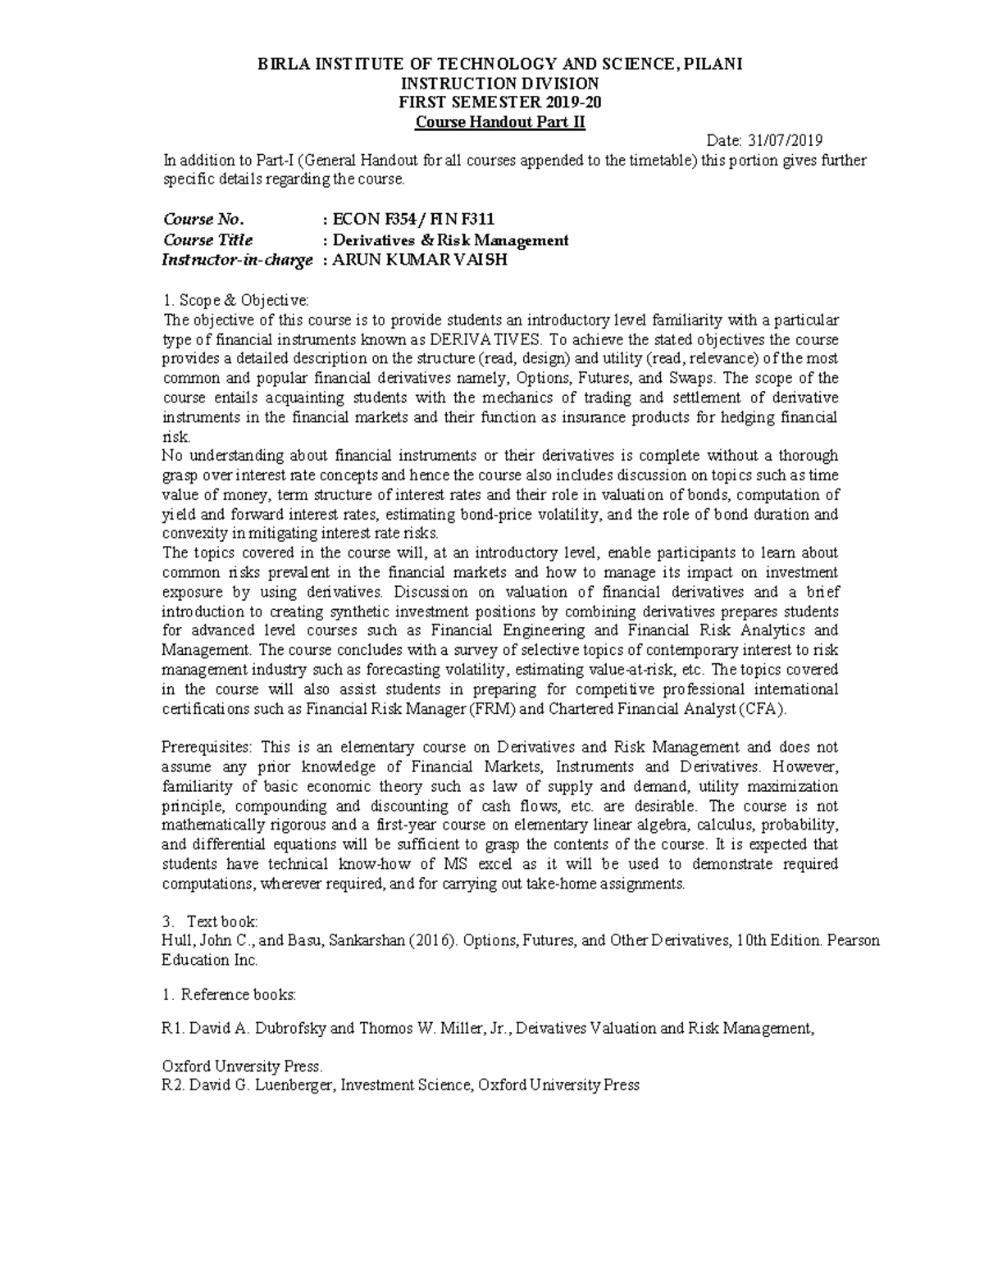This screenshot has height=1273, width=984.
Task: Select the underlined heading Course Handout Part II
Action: [x=500, y=122]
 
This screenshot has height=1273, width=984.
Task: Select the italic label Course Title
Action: [x=207, y=240]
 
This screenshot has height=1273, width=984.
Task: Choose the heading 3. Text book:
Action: [x=211, y=921]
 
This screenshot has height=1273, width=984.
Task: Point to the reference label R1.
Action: [x=173, y=1029]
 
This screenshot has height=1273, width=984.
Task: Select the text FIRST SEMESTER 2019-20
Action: [x=500, y=102]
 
